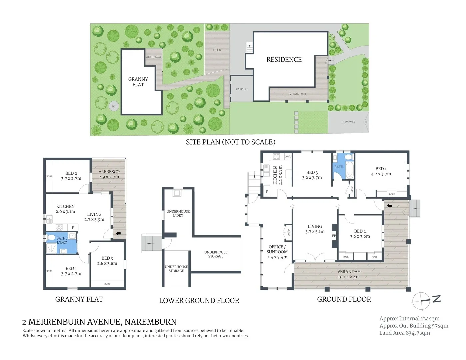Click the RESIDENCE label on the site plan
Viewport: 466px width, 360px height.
click(x=284, y=60)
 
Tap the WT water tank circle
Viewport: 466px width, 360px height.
click(x=114, y=106)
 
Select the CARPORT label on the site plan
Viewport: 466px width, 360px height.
click(x=242, y=89)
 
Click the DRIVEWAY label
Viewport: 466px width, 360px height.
click(x=348, y=122)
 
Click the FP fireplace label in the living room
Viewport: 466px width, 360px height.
click(x=334, y=236)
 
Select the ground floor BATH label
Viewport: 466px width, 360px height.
click(x=339, y=167)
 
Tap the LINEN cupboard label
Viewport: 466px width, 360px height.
click(x=352, y=189)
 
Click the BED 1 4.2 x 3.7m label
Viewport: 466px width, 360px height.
click(x=381, y=171)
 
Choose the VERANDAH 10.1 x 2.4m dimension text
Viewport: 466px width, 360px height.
click(x=349, y=277)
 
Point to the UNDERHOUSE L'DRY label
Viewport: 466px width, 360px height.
click(x=178, y=213)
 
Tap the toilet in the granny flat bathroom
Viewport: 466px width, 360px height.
click(x=51, y=237)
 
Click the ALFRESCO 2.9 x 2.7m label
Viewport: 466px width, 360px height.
click(x=109, y=174)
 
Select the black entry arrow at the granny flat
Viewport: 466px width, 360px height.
click(x=118, y=233)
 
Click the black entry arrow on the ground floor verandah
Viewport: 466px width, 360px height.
click(x=389, y=206)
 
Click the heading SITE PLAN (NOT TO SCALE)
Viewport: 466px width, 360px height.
click(x=230, y=142)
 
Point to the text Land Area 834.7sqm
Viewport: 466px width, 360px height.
click(x=404, y=333)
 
